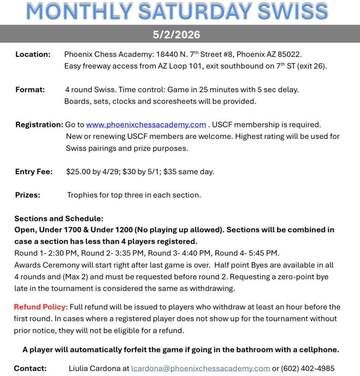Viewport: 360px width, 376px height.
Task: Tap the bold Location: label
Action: (32, 54)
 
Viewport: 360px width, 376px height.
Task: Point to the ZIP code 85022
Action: (290, 54)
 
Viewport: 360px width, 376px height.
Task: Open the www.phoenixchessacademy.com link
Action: (146, 125)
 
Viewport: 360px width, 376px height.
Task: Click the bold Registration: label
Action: (39, 125)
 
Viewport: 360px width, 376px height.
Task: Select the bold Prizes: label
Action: (28, 195)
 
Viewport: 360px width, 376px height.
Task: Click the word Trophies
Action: (83, 195)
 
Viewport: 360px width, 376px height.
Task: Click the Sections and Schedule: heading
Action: (59, 219)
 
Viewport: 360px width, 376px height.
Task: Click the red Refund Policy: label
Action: (41, 307)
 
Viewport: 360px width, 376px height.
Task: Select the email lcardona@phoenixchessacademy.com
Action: (201, 368)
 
